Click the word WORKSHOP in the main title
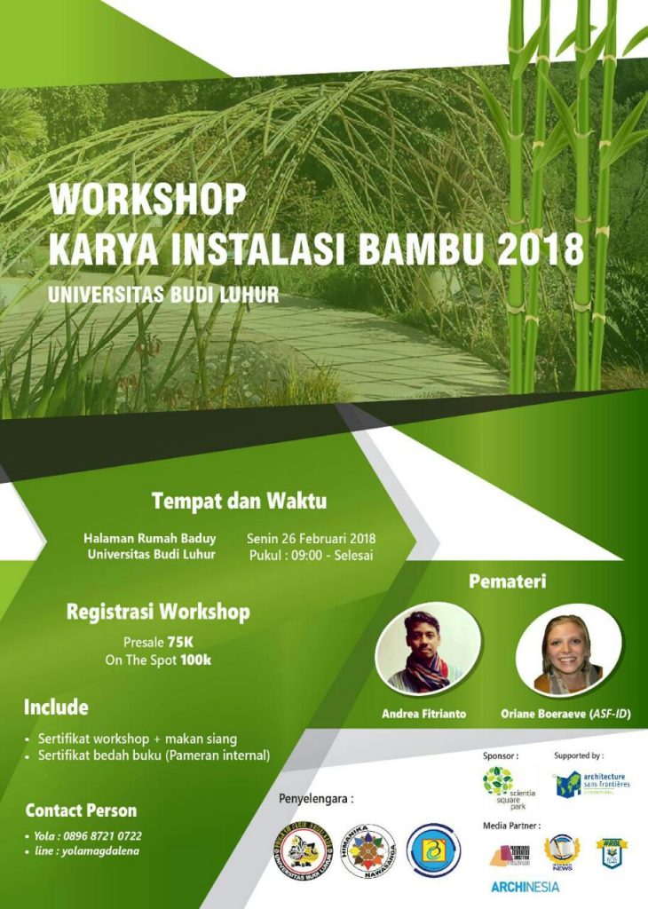(x=146, y=200)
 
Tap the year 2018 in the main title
(x=540, y=249)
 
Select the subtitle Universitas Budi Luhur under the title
(x=164, y=295)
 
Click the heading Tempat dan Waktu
(x=239, y=501)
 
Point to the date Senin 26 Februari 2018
(x=311, y=538)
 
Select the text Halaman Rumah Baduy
(x=149, y=538)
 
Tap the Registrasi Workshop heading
(x=158, y=612)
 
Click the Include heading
(x=56, y=707)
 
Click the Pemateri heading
(x=507, y=582)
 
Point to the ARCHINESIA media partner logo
(x=526, y=886)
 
